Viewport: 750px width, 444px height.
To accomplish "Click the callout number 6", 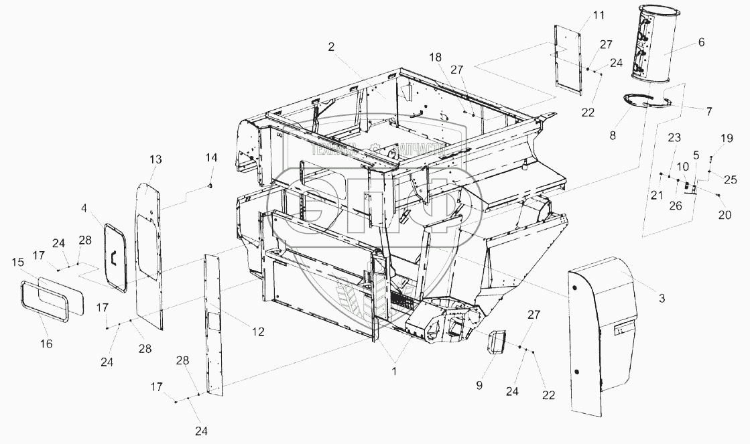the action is [x=701, y=42].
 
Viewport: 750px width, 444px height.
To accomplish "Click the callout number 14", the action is [x=211, y=159].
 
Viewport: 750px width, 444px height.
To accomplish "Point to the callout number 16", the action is [x=46, y=344].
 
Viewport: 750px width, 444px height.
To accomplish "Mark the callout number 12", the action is [x=258, y=331].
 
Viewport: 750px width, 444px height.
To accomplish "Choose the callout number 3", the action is [x=662, y=298].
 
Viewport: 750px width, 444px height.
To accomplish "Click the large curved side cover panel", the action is [x=603, y=335].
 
